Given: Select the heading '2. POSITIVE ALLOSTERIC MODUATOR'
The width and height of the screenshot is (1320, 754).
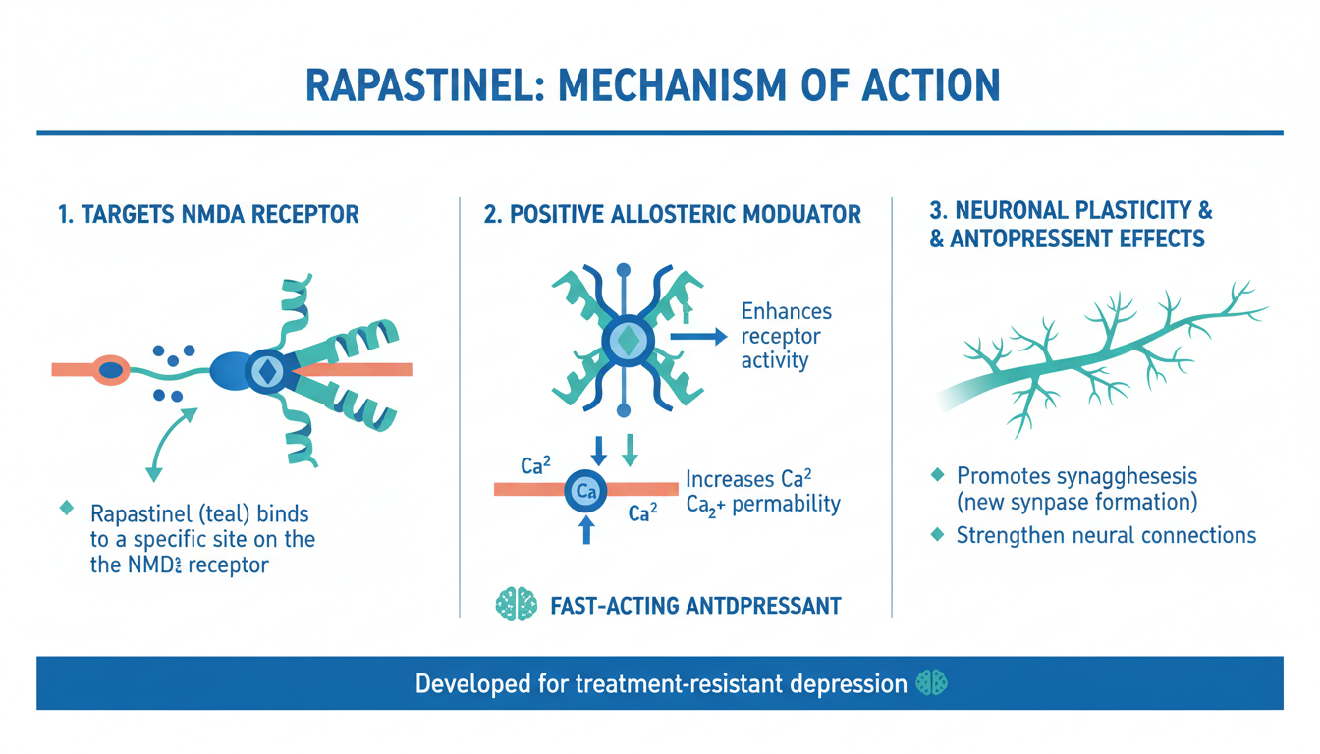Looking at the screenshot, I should (673, 213).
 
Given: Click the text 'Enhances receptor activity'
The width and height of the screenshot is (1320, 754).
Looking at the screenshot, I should (786, 336).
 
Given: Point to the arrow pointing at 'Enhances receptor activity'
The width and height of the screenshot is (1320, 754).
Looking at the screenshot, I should (698, 336).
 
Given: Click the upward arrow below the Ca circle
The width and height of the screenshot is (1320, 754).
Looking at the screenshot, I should (587, 529).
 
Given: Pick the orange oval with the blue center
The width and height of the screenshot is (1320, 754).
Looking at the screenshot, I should (111, 370).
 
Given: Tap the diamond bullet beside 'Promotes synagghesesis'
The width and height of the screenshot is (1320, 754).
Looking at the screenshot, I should (938, 476).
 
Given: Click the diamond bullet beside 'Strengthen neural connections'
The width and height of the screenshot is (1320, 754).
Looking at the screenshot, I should (938, 535).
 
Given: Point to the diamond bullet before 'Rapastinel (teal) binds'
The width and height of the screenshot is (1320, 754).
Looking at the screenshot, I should (67, 509).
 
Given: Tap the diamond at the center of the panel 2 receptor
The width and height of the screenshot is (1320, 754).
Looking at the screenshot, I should (626, 340).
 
